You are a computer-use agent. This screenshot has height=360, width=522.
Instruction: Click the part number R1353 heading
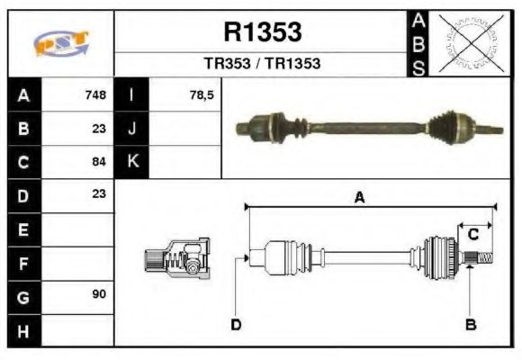(x=262, y=32)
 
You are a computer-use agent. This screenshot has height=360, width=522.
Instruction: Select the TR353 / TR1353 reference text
(x=262, y=64)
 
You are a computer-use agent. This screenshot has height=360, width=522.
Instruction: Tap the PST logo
(x=60, y=43)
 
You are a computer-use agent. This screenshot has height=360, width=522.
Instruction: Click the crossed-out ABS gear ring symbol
(x=468, y=42)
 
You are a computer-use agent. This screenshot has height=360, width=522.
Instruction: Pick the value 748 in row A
(x=95, y=94)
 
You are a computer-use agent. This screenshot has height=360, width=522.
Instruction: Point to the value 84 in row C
(x=99, y=162)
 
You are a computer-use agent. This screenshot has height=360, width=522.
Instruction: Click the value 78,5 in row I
(x=202, y=94)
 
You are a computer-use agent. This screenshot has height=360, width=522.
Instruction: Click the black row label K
(x=132, y=162)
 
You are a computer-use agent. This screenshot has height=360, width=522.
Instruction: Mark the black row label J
(x=132, y=128)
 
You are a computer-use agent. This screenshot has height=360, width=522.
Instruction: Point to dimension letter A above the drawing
(x=359, y=199)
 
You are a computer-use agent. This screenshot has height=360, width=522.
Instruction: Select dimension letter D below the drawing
(x=236, y=324)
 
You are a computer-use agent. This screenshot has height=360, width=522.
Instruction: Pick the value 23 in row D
(x=99, y=193)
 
